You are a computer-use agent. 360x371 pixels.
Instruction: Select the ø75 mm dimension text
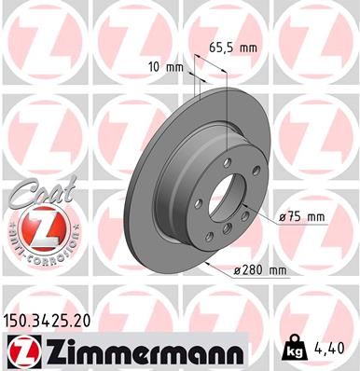tap(299, 217)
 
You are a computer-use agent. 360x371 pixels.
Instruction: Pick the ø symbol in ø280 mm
tap(239, 270)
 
